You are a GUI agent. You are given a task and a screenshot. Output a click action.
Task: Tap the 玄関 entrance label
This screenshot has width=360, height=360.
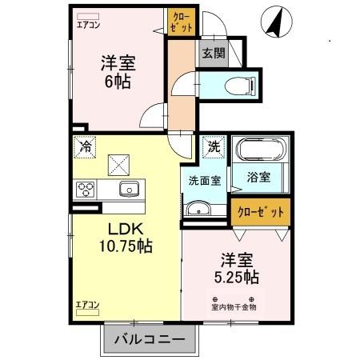(x=212, y=54)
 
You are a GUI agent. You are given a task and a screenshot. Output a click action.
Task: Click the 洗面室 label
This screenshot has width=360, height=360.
(x=205, y=181)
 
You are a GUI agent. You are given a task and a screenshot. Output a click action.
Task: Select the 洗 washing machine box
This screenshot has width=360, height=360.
(x=214, y=146)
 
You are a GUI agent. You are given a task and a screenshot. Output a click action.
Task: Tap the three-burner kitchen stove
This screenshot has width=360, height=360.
(x=86, y=190)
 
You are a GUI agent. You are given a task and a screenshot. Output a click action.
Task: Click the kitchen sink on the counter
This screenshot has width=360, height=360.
(x=129, y=189)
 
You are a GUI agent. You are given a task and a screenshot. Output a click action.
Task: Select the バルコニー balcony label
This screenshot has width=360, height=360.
(x=148, y=340)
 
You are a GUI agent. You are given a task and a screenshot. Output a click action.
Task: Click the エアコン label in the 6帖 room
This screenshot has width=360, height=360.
(x=89, y=25)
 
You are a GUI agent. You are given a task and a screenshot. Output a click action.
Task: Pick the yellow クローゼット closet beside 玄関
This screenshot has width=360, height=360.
(x=181, y=22)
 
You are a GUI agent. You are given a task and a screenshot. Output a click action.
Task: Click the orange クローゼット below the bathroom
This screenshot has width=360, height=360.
(x=260, y=212)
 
